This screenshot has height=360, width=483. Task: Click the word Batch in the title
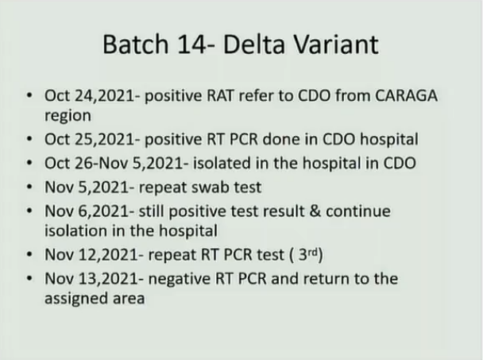(x=136, y=44)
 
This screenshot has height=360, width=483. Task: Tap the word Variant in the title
(x=336, y=45)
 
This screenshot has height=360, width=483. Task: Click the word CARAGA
(x=406, y=95)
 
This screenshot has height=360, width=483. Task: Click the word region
(x=68, y=116)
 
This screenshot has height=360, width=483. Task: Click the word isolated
(x=222, y=163)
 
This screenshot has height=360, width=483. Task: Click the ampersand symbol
(x=315, y=211)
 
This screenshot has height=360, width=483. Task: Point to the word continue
(x=358, y=211)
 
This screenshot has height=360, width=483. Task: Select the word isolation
(x=75, y=230)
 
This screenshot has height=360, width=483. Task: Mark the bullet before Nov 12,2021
(x=29, y=254)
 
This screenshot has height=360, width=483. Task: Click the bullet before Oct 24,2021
(x=29, y=95)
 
